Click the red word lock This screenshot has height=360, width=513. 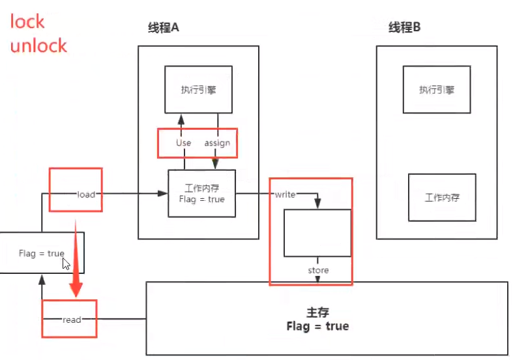tap(27, 22)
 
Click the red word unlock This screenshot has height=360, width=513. tap(38, 45)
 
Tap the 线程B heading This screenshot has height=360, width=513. tap(404, 28)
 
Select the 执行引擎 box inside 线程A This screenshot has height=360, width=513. tap(198, 89)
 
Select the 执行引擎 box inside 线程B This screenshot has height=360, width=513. tap(437, 89)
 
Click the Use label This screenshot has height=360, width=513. tap(183, 143)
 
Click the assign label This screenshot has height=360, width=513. tap(217, 143)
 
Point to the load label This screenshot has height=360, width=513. tap(87, 194)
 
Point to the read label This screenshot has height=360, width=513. tap(72, 320)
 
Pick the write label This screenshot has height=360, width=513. tap(286, 194)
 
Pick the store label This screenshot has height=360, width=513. tap(318, 270)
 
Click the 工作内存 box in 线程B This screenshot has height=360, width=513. tap(442, 197)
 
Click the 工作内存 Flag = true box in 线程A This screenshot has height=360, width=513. tap(201, 194)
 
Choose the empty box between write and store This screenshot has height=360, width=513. tap(317, 233)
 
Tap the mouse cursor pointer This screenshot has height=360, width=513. tap(66, 263)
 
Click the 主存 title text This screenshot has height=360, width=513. tap(317, 312)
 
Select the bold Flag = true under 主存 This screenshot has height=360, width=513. tap(317, 326)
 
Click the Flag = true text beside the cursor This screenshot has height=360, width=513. tap(40, 254)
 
